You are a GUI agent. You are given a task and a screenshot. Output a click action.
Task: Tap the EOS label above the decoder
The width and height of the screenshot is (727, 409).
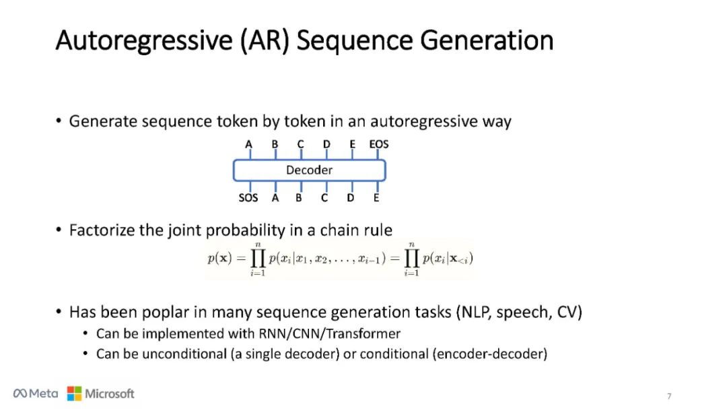click(378, 144)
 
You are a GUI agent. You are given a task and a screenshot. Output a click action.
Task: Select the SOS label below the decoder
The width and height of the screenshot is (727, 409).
click(248, 198)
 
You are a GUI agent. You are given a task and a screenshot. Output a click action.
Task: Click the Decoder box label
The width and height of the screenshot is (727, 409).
click(309, 170)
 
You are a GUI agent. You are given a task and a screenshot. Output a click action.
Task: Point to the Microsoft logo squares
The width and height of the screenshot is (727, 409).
click(74, 394)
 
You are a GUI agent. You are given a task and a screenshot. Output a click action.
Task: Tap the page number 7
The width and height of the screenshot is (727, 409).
click(668, 396)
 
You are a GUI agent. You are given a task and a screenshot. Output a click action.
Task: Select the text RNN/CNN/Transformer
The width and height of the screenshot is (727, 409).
click(329, 334)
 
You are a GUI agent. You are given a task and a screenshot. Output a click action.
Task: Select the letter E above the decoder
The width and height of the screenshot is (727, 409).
click(352, 144)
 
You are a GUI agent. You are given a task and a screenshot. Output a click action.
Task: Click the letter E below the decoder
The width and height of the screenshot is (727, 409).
click(376, 198)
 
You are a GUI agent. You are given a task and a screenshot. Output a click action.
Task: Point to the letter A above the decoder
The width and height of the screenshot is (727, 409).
click(249, 144)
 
